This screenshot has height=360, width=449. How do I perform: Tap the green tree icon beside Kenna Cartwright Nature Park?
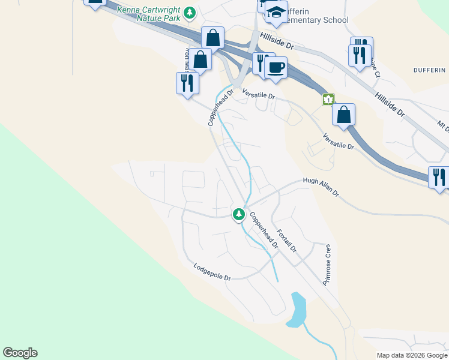coord(190,12)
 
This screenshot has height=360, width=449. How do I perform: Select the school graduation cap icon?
coord(276,13)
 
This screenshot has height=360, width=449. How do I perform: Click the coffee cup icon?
coord(276,67)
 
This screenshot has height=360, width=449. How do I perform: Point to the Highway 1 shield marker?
coord(328,99)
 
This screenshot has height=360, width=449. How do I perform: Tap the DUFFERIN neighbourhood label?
coord(430,70)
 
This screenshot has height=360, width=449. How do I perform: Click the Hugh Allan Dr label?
coord(321,187)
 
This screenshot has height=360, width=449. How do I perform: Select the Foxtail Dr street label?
coord(287,239)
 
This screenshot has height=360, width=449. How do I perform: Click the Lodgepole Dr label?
coord(212,272)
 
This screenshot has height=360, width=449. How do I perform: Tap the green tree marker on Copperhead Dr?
coord(239,214)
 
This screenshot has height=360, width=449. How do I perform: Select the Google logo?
coord(20,353)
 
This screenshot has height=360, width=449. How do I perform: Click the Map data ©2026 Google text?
coord(411,355)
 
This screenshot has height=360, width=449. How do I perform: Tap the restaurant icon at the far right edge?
coord(439,177)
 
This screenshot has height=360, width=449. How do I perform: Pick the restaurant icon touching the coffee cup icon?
coord(262,62)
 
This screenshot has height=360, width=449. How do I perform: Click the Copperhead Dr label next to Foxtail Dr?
coord(264,230)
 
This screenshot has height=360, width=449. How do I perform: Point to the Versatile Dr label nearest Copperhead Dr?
coord(259,94)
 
